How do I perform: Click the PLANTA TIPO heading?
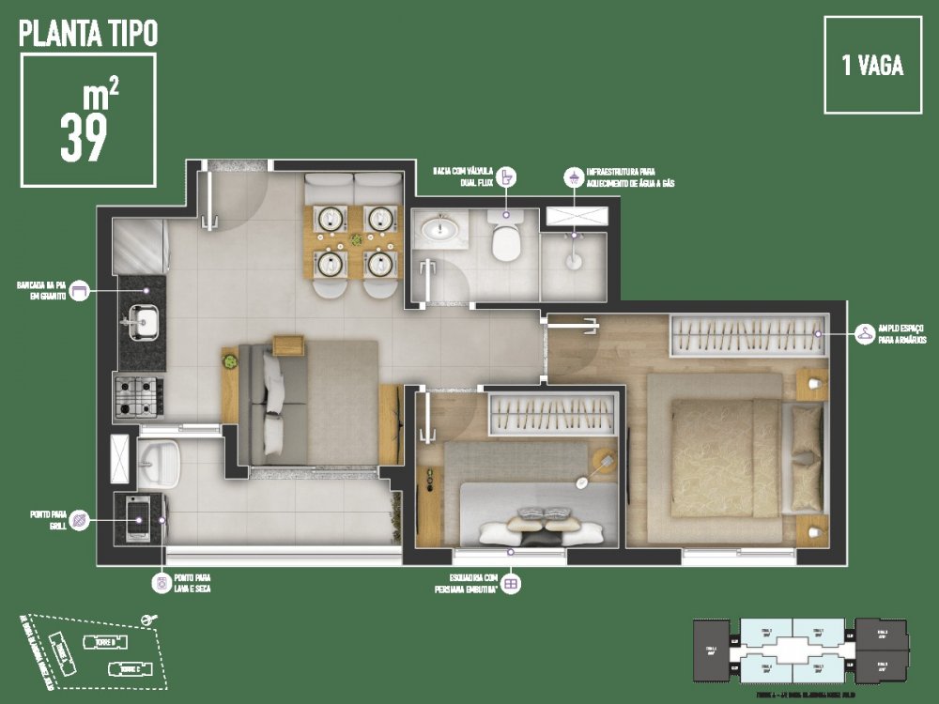pyautogui.click(x=88, y=34)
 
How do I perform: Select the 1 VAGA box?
pyautogui.click(x=872, y=66)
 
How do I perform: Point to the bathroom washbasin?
pyautogui.click(x=439, y=230)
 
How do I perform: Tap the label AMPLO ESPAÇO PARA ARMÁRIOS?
pyautogui.click(x=902, y=334)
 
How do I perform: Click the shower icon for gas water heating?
pyautogui.click(x=571, y=176)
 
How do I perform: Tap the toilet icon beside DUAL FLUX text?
pyautogui.click(x=507, y=176)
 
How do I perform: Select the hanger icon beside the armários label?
pyautogui.click(x=864, y=333)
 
